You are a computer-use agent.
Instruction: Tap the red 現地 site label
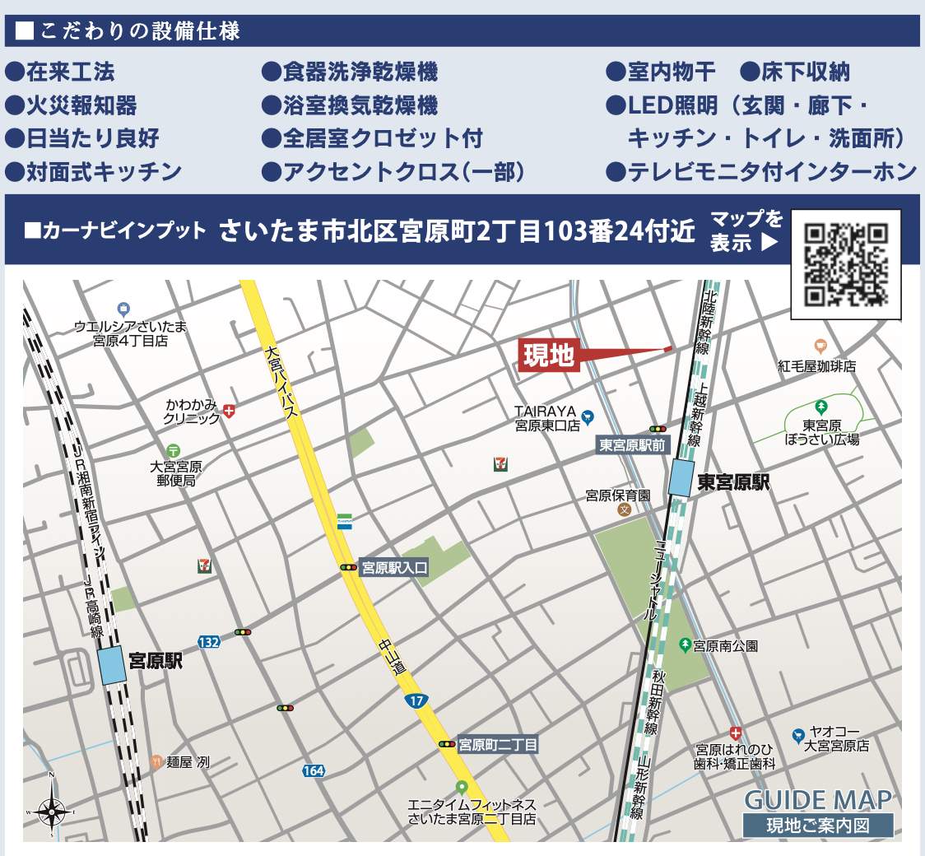click(x=549, y=356)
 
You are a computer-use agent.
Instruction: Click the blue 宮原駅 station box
click(x=112, y=665)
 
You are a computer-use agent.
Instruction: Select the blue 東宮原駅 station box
click(x=681, y=477)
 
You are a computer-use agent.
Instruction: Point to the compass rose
click(x=51, y=810)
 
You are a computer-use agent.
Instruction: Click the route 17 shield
click(x=416, y=701)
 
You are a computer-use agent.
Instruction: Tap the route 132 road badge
click(x=209, y=641)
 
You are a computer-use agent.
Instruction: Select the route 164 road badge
click(x=313, y=771)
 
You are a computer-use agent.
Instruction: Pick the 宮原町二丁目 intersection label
click(x=497, y=745)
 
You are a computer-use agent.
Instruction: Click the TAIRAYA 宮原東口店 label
click(x=548, y=418)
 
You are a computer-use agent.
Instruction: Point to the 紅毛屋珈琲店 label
click(x=817, y=366)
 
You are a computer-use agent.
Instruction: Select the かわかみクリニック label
click(x=192, y=411)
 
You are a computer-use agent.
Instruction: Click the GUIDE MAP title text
click(x=817, y=799)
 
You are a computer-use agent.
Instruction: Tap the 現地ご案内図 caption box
click(x=817, y=826)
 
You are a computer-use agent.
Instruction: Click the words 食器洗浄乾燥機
click(x=360, y=72)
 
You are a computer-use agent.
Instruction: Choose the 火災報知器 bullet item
click(x=81, y=105)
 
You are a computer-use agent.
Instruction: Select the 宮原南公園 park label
click(x=725, y=645)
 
